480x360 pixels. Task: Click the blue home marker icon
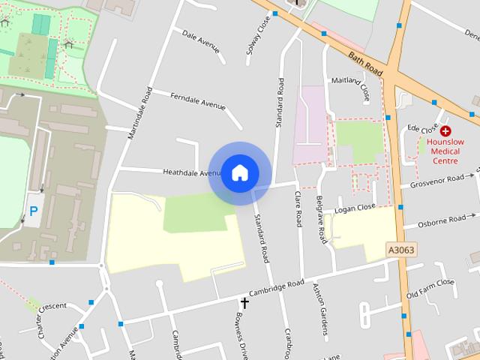(x=239, y=173)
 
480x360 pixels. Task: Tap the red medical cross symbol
(x=445, y=130)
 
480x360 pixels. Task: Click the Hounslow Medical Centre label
(x=445, y=150)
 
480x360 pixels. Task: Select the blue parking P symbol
(x=33, y=212)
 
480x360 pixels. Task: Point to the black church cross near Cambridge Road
(x=244, y=303)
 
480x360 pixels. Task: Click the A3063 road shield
(x=401, y=250)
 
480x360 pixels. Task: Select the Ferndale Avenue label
(x=197, y=101)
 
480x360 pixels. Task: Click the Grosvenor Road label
(x=437, y=182)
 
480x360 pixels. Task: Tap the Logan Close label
(x=355, y=208)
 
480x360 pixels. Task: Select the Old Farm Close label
(x=430, y=289)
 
